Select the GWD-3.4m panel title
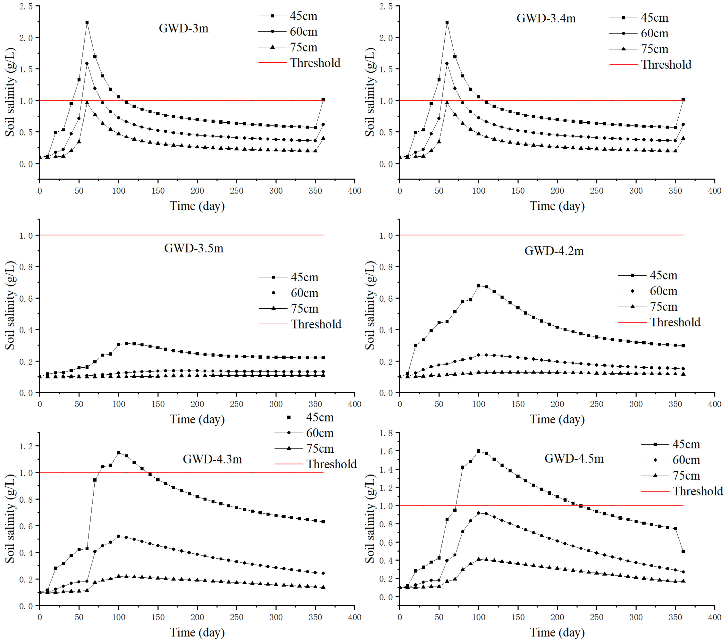[546, 18]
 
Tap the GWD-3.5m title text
[194, 248]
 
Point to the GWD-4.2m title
[554, 251]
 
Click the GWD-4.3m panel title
[212, 459]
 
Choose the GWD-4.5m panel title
[574, 458]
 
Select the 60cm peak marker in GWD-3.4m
[447, 64]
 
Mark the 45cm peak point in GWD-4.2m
[478, 285]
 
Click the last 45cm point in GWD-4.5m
[683, 552]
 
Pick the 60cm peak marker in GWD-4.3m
[119, 536]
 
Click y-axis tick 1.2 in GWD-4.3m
[26, 446]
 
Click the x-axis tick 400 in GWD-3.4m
[714, 191]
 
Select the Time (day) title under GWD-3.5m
[197, 419]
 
